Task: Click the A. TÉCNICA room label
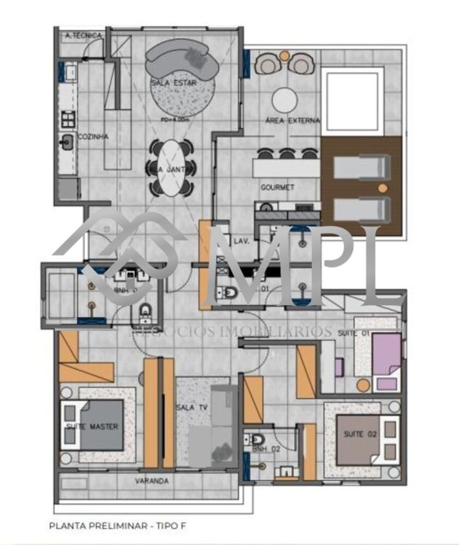click(x=83, y=36)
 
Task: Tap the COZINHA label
click(x=93, y=137)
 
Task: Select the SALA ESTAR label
click(x=174, y=83)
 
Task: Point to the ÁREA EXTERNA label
click(x=292, y=120)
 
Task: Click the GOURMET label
click(x=277, y=187)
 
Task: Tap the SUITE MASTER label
click(x=92, y=426)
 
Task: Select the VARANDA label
click(x=152, y=481)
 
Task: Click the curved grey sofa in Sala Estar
click(x=182, y=60)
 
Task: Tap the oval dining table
click(x=170, y=168)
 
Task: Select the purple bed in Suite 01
click(x=386, y=354)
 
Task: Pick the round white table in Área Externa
click(x=285, y=100)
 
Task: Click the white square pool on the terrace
click(x=352, y=101)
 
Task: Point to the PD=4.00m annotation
click(x=172, y=118)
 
